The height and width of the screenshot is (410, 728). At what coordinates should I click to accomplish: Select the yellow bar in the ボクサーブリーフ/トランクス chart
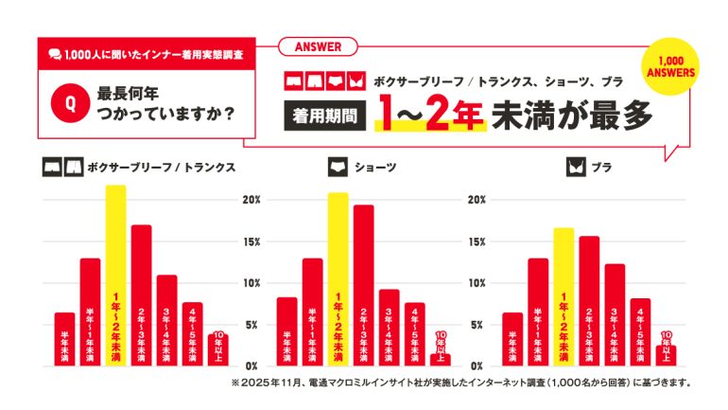pos(115,276)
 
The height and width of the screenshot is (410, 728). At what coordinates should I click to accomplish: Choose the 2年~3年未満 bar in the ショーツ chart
pos(364,285)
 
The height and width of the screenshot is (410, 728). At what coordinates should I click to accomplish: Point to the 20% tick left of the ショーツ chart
pos(251,200)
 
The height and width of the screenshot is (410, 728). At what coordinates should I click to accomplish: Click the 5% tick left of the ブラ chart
pos(478,324)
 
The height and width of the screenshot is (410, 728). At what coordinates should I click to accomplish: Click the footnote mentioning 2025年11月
pos(460,383)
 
